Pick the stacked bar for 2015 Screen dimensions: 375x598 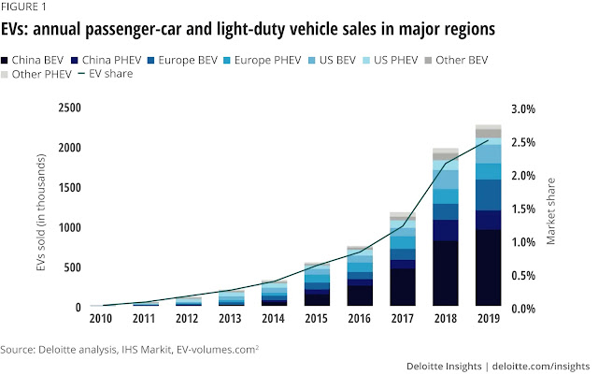318,285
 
